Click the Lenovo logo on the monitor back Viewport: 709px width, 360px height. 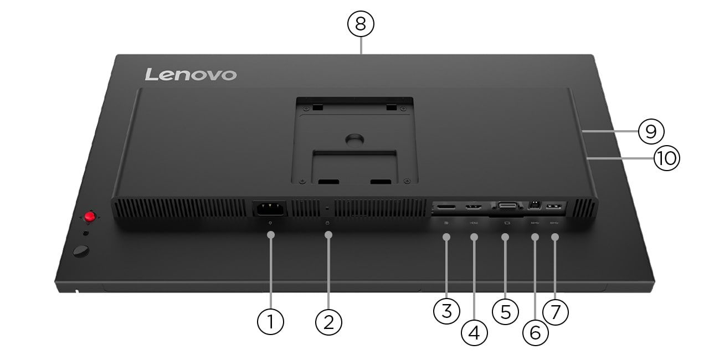click(x=191, y=74)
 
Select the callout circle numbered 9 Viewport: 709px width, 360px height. click(x=651, y=131)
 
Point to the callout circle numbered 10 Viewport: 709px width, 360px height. click(x=666, y=158)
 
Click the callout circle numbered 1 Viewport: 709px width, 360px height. click(x=271, y=321)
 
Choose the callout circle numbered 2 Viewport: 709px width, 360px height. click(x=328, y=321)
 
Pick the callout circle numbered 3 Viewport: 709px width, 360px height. click(x=446, y=311)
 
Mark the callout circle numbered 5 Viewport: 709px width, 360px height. click(x=505, y=311)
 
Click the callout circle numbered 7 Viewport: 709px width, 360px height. click(x=556, y=311)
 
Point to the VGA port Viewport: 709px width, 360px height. click(x=507, y=207)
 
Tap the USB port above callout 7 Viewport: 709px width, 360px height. click(x=554, y=207)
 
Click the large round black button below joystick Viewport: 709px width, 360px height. click(x=81, y=251)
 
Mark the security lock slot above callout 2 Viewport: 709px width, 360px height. click(x=327, y=208)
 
